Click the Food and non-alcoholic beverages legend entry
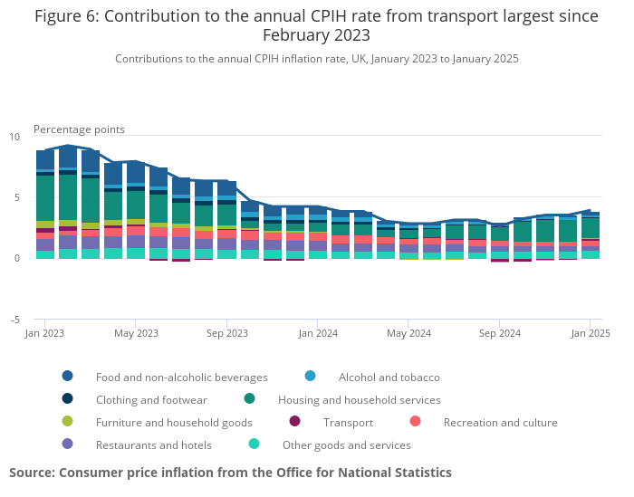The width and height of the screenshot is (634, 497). [181, 377]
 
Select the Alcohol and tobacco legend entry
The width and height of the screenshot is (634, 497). [389, 377]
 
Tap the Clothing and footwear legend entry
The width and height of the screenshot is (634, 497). [151, 399]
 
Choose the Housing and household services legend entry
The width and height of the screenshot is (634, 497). [359, 399]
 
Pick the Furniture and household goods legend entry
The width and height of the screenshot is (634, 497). [174, 422]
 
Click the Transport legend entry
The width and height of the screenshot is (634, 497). [348, 422]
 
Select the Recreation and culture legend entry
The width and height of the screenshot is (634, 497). [500, 422]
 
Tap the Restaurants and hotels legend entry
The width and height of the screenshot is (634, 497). [153, 444]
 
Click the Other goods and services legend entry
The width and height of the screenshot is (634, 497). [346, 444]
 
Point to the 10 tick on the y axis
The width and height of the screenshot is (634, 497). [14, 137]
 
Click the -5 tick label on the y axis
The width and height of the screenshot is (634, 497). [14, 320]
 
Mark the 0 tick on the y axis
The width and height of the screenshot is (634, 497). [16, 258]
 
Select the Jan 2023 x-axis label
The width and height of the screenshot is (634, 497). [45, 333]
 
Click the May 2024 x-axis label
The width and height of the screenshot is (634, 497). [408, 333]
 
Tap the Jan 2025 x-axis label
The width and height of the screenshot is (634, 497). [591, 333]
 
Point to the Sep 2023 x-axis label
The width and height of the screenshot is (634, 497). [226, 333]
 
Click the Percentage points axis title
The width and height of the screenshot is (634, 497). [79, 129]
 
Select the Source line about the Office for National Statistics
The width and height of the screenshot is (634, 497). [230, 473]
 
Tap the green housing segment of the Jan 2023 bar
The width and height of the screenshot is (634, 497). [45, 197]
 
